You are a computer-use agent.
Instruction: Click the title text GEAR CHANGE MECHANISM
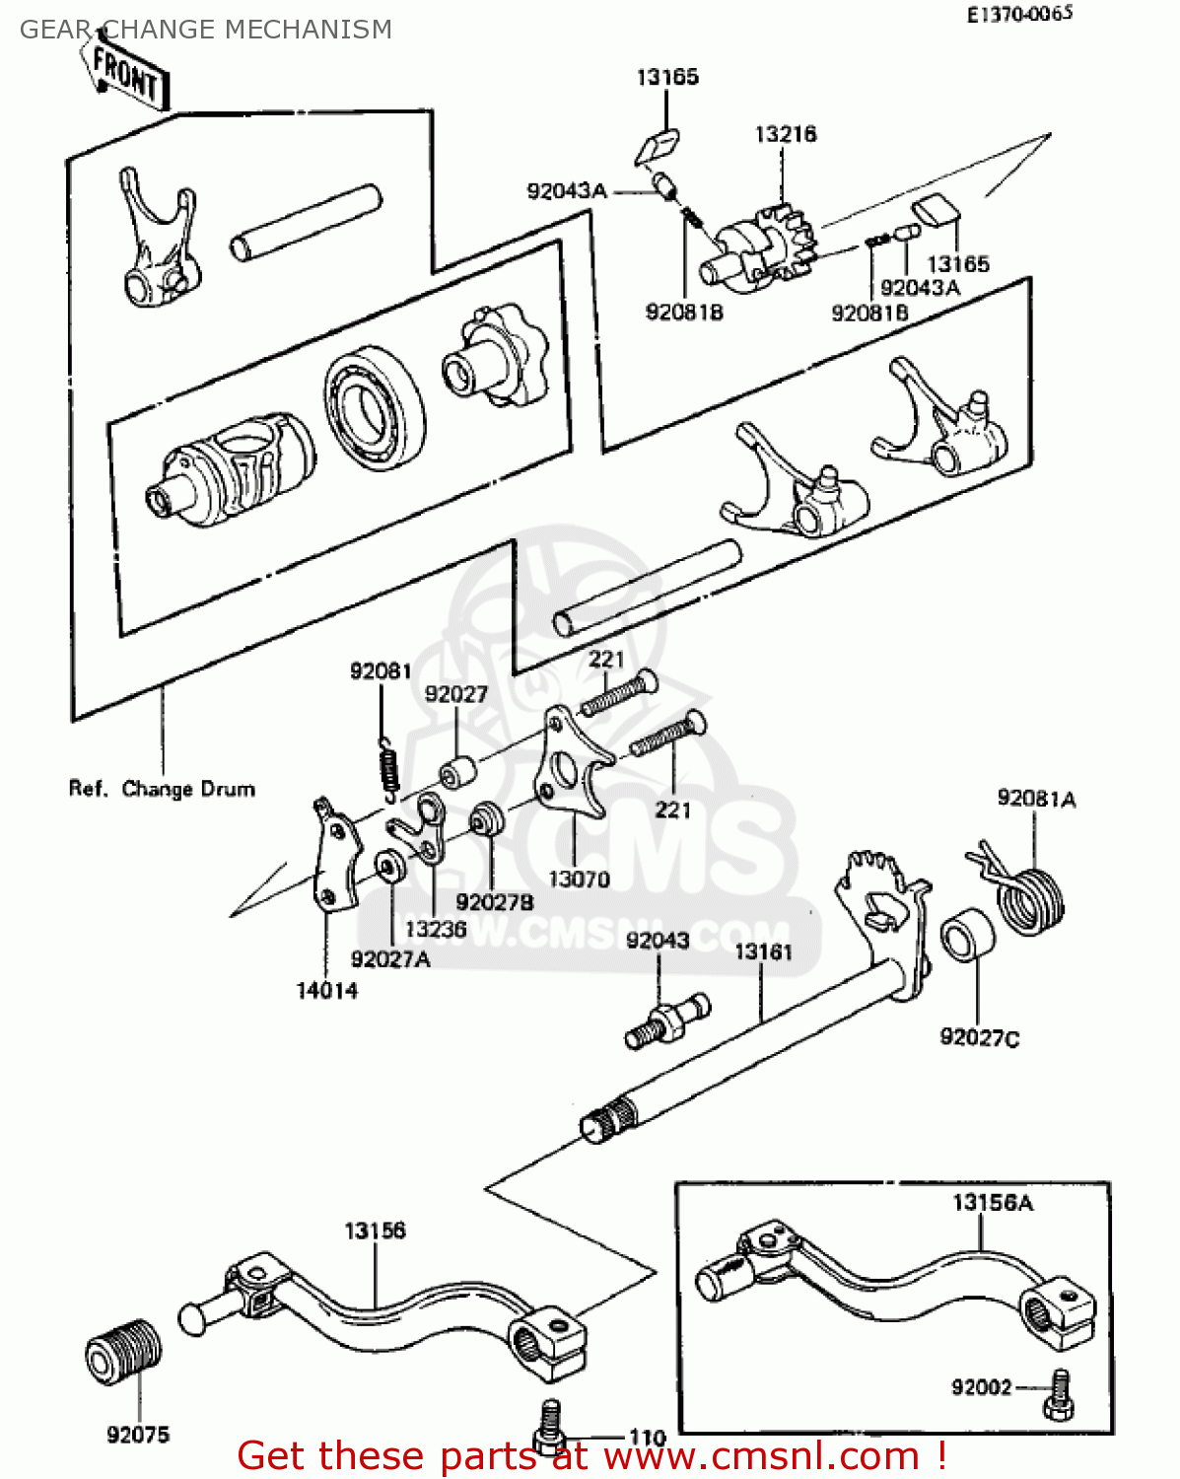point(206,30)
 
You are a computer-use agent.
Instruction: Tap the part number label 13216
point(786,134)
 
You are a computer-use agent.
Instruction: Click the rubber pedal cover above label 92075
point(124,1350)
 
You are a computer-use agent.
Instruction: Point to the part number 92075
point(138,1435)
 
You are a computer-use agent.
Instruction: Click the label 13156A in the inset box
point(993,1202)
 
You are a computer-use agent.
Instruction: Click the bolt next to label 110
point(550,1426)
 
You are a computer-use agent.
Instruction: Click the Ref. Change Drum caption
point(162,789)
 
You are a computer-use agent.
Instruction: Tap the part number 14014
point(327,990)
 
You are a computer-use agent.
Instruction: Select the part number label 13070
point(579,879)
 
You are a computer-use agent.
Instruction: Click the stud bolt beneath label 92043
point(667,1021)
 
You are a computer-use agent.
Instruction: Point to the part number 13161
point(763,951)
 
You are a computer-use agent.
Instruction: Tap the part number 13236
point(436,928)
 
